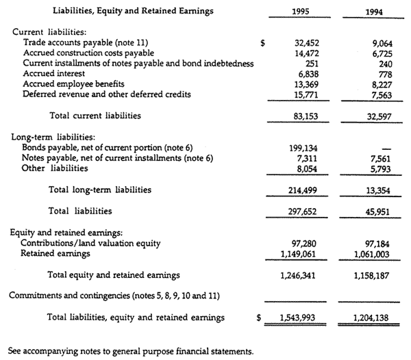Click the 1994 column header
371,12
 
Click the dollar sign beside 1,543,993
259,318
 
